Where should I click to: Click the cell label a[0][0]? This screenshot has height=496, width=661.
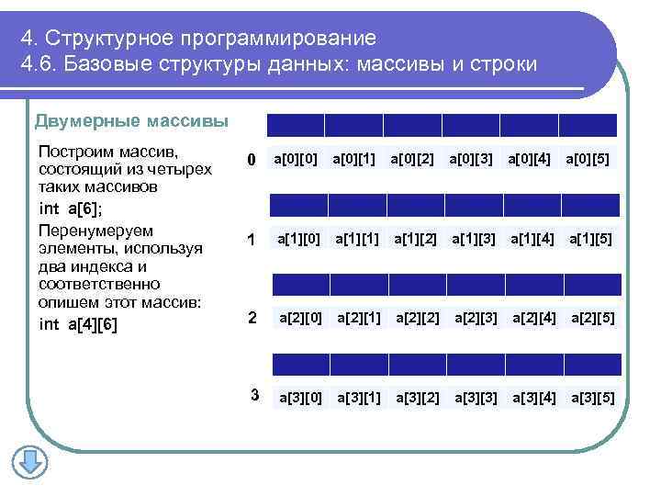[295, 160]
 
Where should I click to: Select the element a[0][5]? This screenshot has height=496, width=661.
[588, 160]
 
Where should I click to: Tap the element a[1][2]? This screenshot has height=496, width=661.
[416, 240]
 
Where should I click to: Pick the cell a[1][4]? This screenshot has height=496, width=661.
[533, 240]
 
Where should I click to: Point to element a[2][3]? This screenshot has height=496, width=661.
[476, 319]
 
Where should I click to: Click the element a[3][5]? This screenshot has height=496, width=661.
[592, 398]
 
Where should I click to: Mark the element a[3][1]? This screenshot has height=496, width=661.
[358, 398]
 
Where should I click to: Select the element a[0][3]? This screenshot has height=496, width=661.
[471, 160]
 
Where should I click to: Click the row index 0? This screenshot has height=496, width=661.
[250, 162]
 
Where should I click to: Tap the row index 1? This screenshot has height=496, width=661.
[250, 241]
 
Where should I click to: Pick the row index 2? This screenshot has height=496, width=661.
[252, 318]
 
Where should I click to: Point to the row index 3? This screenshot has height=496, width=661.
[256, 396]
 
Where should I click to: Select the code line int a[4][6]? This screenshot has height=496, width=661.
[78, 324]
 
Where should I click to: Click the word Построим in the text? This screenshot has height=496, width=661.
[71, 150]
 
